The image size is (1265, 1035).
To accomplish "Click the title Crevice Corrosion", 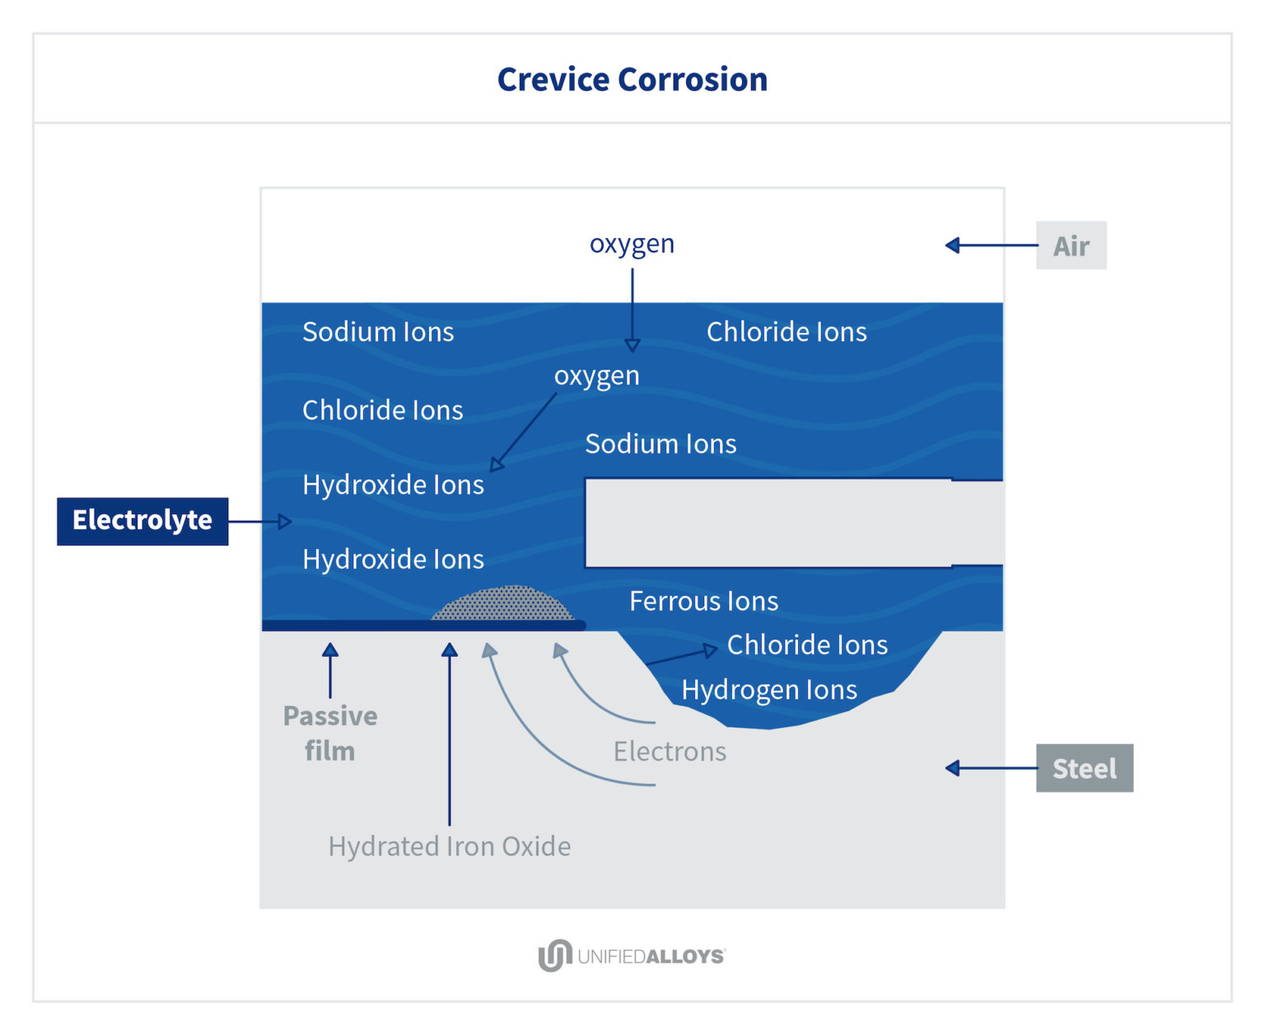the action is click(632, 79).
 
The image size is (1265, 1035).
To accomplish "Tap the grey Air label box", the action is click(1071, 245).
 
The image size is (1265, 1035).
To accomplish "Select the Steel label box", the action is click(1085, 768).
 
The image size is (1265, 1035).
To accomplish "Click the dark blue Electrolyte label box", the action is click(142, 521).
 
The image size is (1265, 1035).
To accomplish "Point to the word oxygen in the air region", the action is click(632, 245).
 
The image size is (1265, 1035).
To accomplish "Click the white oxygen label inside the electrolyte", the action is click(597, 377).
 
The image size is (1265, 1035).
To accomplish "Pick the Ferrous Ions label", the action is click(703, 601).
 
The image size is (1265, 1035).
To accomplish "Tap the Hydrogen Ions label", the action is click(769, 690).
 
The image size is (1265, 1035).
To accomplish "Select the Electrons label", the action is click(670, 752).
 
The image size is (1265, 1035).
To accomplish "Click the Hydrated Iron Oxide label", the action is click(450, 847).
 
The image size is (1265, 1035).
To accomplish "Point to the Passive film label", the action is click(330, 733).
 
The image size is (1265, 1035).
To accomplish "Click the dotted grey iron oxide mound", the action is click(502, 604).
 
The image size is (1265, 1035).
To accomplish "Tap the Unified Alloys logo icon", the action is click(555, 955).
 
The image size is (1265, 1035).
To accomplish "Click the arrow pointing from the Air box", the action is click(992, 245).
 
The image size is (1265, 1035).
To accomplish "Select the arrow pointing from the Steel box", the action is click(992, 768).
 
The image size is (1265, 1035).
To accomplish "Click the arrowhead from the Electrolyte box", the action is click(285, 522).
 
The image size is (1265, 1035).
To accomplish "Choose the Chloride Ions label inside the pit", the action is click(807, 645).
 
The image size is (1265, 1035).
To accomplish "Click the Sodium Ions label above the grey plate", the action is click(661, 444).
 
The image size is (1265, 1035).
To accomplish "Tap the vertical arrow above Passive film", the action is click(330, 671).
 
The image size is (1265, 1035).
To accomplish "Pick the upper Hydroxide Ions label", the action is click(393, 485).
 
